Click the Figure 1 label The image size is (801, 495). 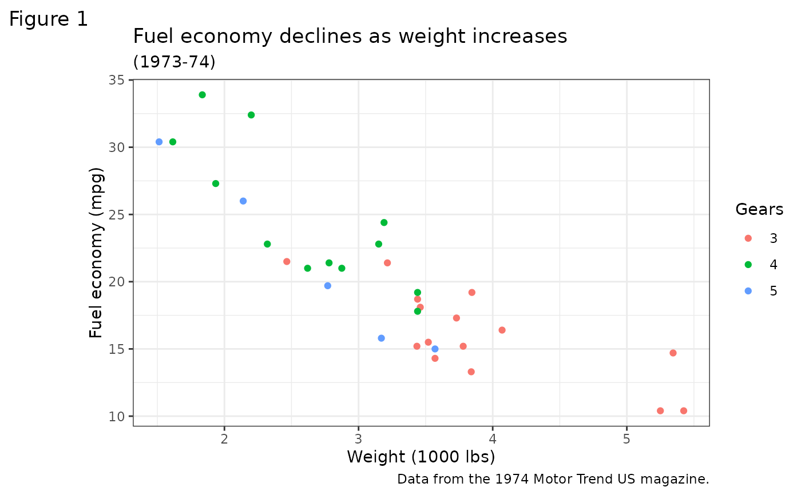49,19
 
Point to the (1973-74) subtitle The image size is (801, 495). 174,62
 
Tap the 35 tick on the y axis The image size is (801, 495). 117,80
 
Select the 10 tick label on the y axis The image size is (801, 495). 117,416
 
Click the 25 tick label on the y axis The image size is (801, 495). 117,214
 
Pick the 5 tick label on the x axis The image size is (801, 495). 626,438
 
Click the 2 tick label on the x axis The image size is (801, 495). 224,438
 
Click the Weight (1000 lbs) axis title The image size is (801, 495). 421,457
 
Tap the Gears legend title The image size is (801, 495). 759,210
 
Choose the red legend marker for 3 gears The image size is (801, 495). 748,238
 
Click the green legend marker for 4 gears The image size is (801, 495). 748,265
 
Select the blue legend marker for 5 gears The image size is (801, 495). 748,291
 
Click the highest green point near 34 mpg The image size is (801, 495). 202,95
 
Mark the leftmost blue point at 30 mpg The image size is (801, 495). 159,142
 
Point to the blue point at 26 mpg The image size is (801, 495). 243,201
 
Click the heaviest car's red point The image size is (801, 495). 683,411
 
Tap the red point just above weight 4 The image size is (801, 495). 502,330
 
